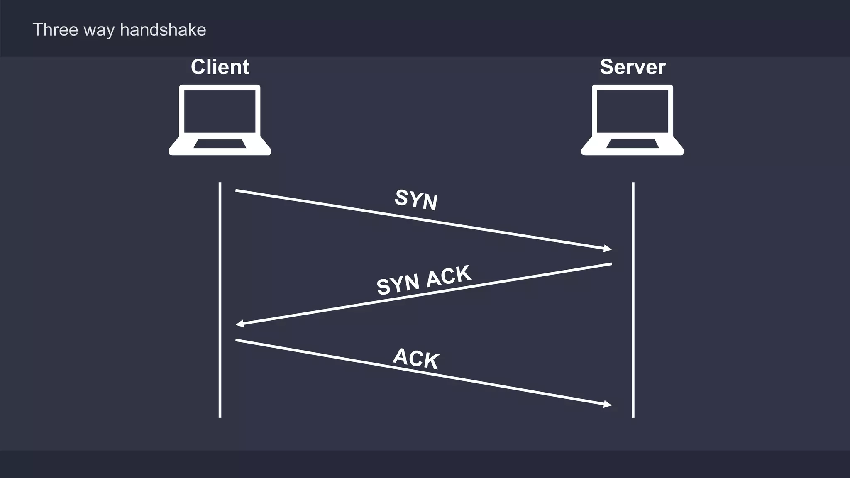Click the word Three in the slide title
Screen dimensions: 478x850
click(x=55, y=30)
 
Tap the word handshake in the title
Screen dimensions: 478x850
click(x=163, y=30)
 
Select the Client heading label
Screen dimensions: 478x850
click(x=220, y=67)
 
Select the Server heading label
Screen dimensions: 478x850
click(x=633, y=67)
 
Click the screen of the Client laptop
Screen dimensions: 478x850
click(x=220, y=111)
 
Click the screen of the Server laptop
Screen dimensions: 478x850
click(x=633, y=111)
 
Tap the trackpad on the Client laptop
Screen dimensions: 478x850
click(x=220, y=144)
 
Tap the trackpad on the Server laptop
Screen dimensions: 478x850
click(x=633, y=144)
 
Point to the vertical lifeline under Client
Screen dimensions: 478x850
click(x=220, y=299)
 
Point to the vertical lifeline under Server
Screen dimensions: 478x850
click(x=633, y=299)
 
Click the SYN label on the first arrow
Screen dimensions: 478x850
click(x=416, y=200)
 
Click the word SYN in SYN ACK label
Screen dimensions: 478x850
click(x=398, y=285)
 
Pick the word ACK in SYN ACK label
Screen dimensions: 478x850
click(x=449, y=276)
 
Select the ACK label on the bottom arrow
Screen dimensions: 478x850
click(x=416, y=358)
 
